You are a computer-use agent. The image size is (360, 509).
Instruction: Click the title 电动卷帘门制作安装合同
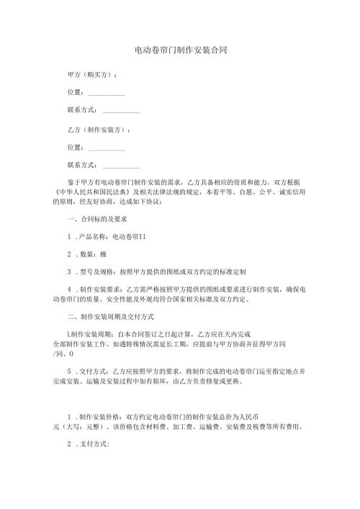tap(180, 50)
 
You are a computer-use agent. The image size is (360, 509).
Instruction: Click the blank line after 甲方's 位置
tap(107, 94)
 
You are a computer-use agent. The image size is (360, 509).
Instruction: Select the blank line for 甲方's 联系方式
tap(121, 112)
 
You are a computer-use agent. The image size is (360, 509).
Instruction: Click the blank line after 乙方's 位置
tap(107, 148)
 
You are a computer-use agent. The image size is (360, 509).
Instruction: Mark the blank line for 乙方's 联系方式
tap(121, 167)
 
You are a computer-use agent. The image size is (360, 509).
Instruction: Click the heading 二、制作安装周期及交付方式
tap(109, 317)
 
